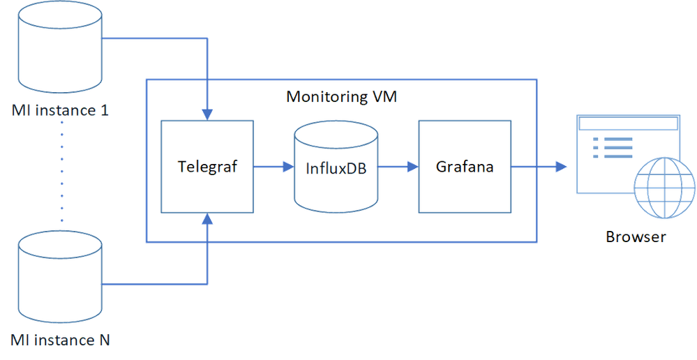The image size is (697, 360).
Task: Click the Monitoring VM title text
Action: (341, 96)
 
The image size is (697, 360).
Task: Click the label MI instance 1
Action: (60, 110)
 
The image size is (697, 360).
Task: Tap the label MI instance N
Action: (61, 340)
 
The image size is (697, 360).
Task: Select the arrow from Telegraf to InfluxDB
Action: (273, 167)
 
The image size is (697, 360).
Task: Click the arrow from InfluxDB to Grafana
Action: (398, 167)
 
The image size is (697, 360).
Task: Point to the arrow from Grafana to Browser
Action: (539, 167)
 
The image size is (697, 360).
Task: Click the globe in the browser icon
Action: (665, 188)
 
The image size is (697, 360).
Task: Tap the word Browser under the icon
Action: (636, 237)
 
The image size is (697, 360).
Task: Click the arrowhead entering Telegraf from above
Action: (207, 114)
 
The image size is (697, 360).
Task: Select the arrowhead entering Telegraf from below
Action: (207, 218)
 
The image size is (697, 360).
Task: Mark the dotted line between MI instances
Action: (62, 171)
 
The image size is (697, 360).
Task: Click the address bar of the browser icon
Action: (628, 123)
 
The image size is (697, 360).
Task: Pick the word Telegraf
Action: (208, 166)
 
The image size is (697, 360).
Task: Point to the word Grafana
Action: (465, 166)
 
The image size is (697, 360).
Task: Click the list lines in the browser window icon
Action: (613, 147)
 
